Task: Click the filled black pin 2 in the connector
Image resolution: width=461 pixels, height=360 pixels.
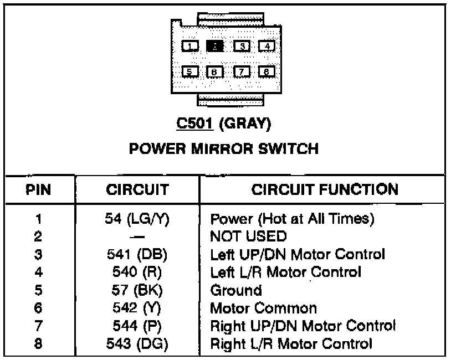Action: [215, 46]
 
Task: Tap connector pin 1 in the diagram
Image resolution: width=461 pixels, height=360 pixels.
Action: [190, 46]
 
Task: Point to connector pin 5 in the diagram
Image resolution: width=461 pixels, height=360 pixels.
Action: [190, 71]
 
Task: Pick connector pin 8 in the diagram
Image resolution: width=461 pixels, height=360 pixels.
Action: [267, 71]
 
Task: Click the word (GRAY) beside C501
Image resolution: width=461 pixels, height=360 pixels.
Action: [245, 125]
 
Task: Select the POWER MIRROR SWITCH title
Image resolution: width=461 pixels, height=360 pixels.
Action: [224, 148]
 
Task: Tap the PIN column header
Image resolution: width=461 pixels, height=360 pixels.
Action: [38, 191]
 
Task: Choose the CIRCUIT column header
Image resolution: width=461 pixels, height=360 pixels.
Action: [137, 191]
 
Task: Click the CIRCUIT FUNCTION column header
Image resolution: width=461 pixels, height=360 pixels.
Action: [325, 190]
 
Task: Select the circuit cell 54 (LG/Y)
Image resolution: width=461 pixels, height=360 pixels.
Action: [137, 219]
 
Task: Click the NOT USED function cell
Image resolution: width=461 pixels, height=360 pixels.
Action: [248, 236]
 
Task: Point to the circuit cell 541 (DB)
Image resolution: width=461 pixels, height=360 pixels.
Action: [137, 254]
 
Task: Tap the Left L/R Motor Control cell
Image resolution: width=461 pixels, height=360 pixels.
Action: [286, 272]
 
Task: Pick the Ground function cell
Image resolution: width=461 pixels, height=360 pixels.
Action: [235, 290]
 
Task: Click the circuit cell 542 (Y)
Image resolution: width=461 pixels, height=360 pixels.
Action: [137, 307]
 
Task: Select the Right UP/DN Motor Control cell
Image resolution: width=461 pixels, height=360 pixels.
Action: [303, 326]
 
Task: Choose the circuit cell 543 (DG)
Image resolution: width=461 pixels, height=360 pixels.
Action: [137, 343]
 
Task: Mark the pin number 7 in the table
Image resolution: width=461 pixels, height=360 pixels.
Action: [38, 326]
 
